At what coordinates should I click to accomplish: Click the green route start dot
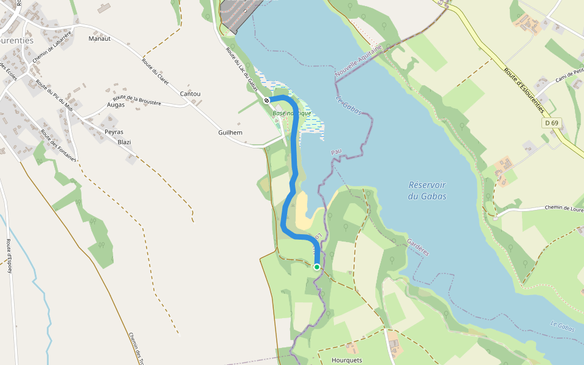click(317, 266)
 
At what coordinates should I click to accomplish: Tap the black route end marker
click(267, 100)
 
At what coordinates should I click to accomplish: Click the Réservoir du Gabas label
click(427, 190)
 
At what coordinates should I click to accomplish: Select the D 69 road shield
click(551, 123)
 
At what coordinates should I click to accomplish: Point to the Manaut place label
click(99, 39)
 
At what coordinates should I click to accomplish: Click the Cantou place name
click(190, 94)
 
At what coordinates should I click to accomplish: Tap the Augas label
click(116, 105)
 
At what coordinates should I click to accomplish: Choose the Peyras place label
click(114, 131)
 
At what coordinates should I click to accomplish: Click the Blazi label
click(124, 142)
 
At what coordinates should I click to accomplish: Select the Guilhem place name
click(231, 132)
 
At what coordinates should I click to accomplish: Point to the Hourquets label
click(347, 360)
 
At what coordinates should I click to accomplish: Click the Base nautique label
click(292, 113)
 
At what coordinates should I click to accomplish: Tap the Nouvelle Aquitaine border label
click(359, 61)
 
